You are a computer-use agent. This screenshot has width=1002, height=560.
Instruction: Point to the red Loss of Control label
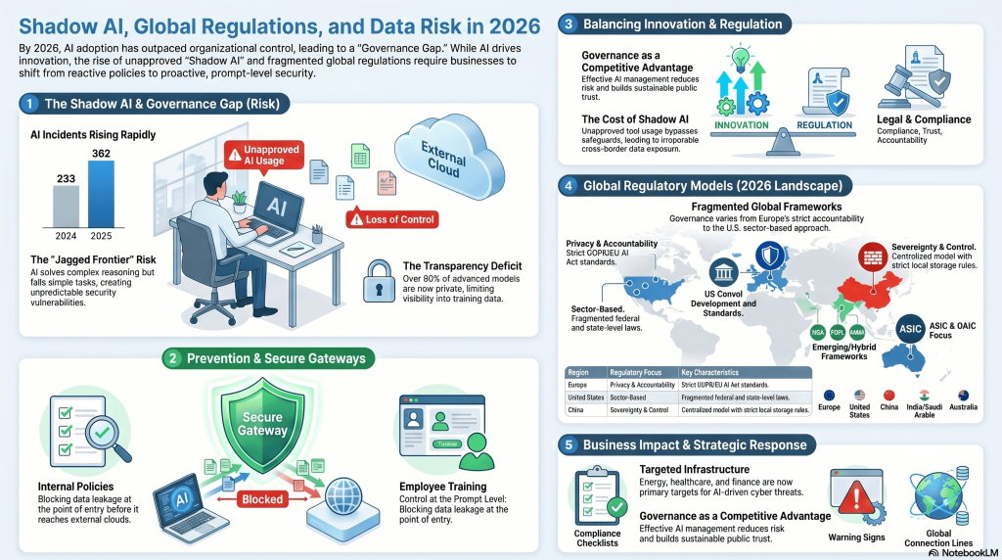[x=391, y=219]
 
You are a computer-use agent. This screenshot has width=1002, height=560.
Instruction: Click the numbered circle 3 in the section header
[x=569, y=23]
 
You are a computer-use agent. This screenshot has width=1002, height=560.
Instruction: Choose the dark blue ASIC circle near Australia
[x=915, y=330]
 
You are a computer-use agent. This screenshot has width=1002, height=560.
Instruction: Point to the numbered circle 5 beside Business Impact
[x=569, y=444]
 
